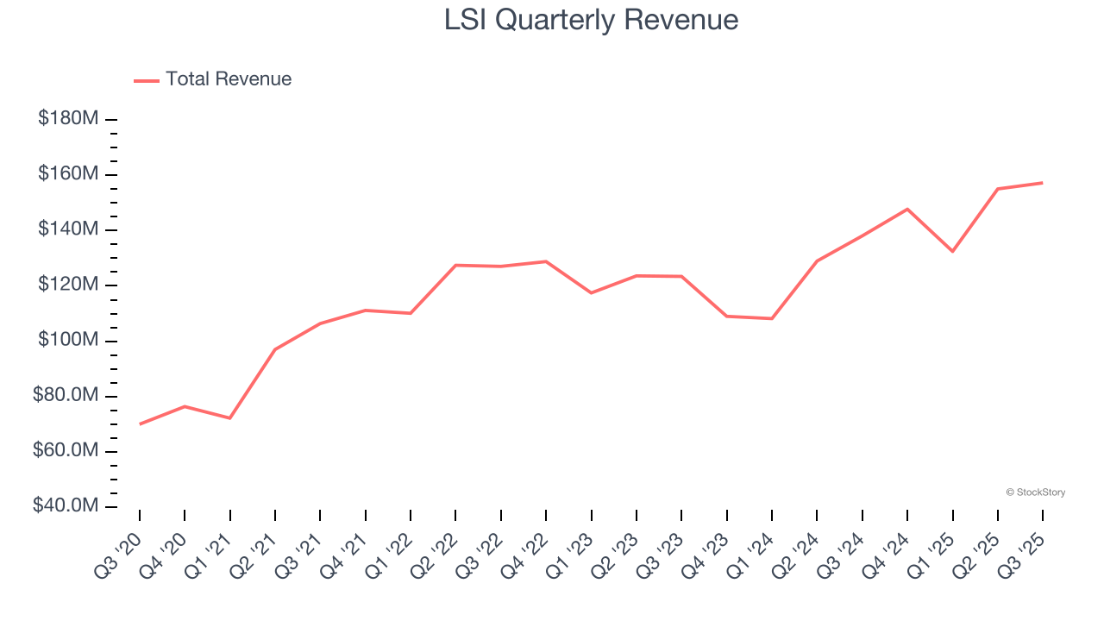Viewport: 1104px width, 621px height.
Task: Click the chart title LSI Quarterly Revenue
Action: point(591,20)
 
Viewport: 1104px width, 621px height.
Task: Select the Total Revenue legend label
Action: point(229,79)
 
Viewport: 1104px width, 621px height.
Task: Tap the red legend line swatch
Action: point(147,80)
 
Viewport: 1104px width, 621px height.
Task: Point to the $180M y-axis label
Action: point(67,119)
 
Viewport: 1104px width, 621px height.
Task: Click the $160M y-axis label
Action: point(67,174)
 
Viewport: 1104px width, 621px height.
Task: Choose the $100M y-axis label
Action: point(67,341)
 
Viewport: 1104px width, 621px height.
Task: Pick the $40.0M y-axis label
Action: point(66,506)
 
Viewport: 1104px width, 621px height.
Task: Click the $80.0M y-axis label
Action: point(66,396)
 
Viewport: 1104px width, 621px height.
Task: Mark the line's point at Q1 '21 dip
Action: point(229,418)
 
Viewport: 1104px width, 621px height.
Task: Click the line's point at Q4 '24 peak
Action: point(907,209)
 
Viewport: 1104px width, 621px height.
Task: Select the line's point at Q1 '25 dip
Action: point(952,252)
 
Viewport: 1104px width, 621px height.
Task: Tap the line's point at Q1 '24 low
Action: point(772,319)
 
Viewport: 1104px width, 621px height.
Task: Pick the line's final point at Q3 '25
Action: point(1043,183)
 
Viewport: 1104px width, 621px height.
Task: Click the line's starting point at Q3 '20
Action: point(140,423)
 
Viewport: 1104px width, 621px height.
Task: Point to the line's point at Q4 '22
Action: point(546,261)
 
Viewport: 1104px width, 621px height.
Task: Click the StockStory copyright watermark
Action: point(1035,492)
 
